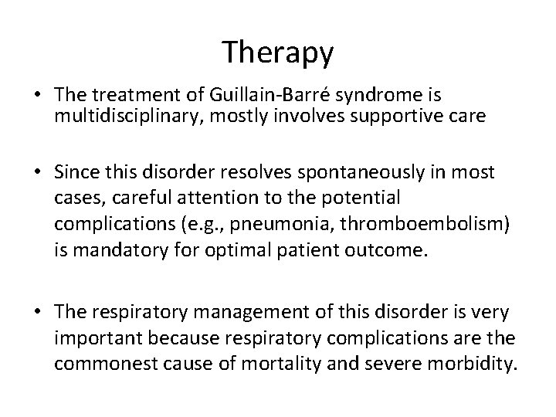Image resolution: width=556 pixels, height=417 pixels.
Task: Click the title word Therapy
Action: [x=278, y=53]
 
